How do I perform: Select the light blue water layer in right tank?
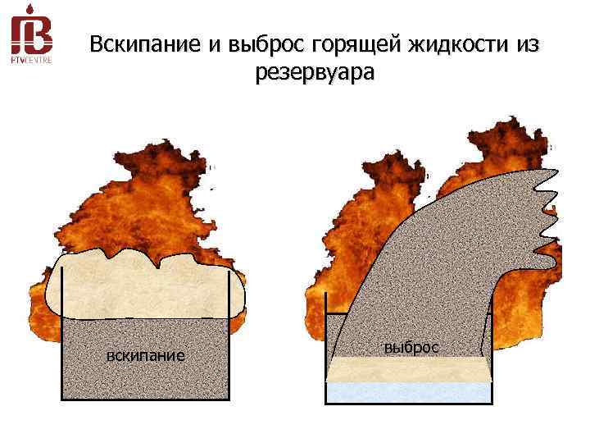(x=410, y=391)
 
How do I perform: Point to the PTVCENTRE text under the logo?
(x=31, y=59)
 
